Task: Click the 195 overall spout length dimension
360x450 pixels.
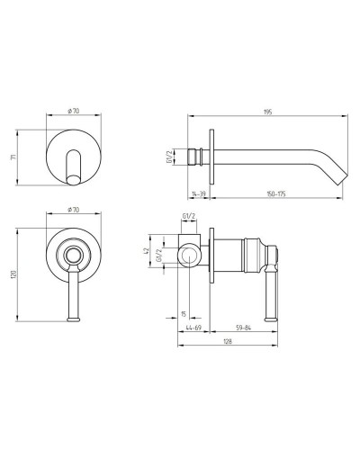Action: click(x=267, y=112)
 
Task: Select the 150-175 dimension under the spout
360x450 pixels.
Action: click(x=276, y=194)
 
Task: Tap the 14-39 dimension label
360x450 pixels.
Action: click(x=198, y=194)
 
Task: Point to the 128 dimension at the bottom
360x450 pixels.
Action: click(x=228, y=341)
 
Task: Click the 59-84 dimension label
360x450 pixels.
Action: click(x=243, y=328)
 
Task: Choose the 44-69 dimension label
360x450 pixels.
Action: click(x=193, y=328)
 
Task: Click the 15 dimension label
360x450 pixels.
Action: click(x=184, y=314)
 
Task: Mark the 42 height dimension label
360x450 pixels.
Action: click(x=146, y=251)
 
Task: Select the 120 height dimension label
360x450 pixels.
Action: click(x=13, y=274)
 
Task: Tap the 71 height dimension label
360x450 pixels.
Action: click(x=13, y=157)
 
